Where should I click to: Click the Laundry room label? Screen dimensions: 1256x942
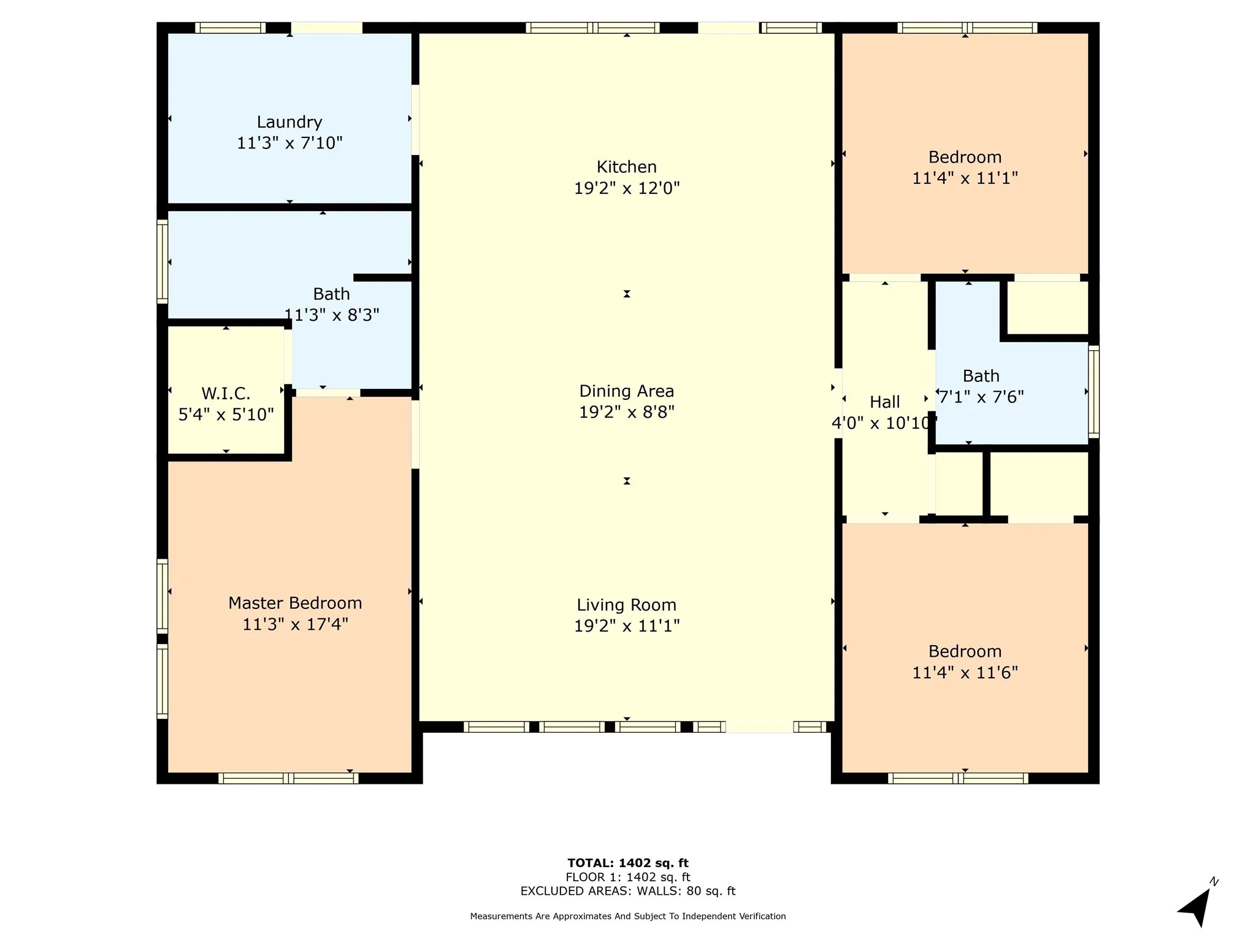tap(289, 122)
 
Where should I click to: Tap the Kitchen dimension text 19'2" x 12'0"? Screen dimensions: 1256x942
tap(627, 188)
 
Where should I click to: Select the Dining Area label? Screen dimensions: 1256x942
tap(627, 391)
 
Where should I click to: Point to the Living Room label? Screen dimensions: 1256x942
tap(627, 605)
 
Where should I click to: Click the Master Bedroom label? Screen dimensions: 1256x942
tap(295, 603)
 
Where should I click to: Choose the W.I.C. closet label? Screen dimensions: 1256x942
tap(226, 393)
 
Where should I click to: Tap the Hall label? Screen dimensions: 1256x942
tap(885, 402)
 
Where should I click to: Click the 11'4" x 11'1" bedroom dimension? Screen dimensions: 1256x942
tap(965, 178)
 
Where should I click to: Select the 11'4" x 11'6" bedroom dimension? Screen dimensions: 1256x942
tap(965, 672)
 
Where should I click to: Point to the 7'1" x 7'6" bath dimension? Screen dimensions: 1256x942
tap(981, 397)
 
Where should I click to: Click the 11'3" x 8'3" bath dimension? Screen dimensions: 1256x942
tap(332, 315)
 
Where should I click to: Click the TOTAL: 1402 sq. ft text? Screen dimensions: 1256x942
tap(628, 863)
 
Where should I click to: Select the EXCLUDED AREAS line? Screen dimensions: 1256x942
tap(628, 891)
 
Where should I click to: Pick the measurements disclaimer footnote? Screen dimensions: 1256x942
tap(628, 916)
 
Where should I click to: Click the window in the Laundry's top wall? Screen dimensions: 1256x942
tap(230, 28)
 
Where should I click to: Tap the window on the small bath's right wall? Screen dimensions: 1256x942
tap(1093, 391)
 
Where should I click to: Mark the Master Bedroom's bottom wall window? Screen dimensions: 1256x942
tap(288, 778)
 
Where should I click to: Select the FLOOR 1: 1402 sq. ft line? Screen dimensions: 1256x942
tap(628, 877)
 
